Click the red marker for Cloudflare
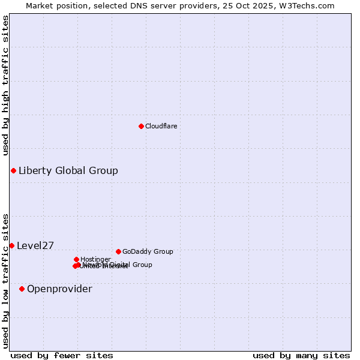(x=141, y=126)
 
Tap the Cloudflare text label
(x=161, y=126)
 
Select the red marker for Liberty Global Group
(x=13, y=171)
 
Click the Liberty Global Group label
(x=68, y=171)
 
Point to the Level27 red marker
(x=11, y=245)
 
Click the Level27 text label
(x=35, y=245)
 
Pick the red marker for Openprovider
(x=22, y=289)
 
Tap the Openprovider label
(x=59, y=289)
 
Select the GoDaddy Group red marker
(x=118, y=251)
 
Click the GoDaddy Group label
(x=148, y=251)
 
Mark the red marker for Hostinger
(x=76, y=259)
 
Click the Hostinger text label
(x=95, y=259)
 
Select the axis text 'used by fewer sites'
(x=62, y=355)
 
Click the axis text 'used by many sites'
(x=301, y=355)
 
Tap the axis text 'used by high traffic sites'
(x=6, y=85)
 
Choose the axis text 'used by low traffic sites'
(x=6, y=280)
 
